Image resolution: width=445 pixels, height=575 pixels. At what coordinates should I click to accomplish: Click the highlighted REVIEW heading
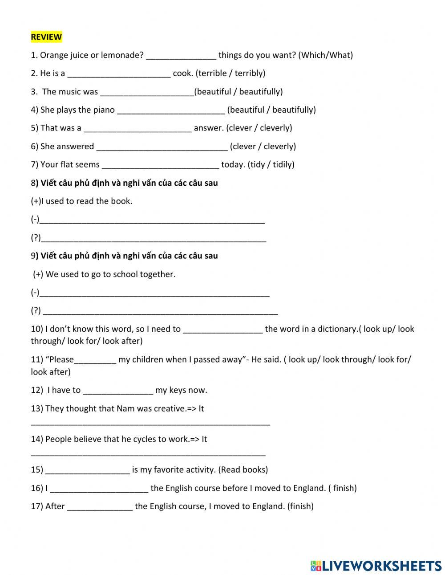coord(46,37)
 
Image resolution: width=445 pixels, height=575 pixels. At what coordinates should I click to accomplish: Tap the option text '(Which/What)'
coord(325,55)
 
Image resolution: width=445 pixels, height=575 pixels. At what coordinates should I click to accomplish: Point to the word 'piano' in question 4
coord(104,110)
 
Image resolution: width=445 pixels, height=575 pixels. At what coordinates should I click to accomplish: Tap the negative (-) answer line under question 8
coord(152,220)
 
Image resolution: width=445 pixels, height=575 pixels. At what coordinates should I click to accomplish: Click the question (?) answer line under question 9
coord(160,311)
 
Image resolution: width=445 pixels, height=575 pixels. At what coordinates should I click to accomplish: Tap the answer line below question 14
coord(148,454)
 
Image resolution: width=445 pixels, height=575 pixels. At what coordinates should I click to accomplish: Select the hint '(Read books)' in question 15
coord(243,470)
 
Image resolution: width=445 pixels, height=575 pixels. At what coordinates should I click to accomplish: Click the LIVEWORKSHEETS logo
coord(376,566)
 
